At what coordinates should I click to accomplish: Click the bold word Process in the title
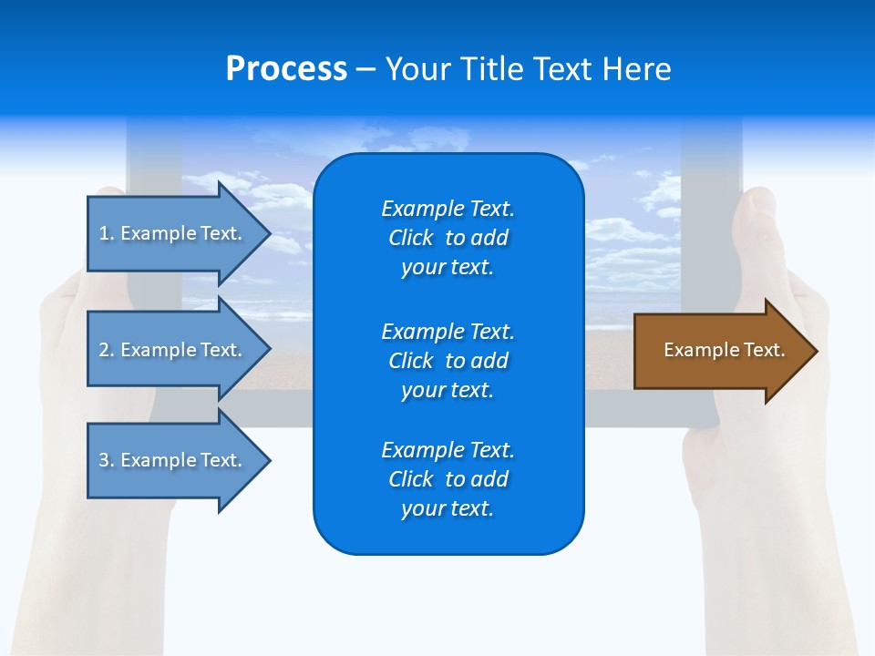pos(286,69)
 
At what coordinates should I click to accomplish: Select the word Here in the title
pos(636,69)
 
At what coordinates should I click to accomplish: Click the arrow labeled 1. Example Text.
pos(173,233)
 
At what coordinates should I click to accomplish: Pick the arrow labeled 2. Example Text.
pos(173,350)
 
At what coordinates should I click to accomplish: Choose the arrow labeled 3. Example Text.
pos(173,460)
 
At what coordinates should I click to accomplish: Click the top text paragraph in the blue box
pos(448,238)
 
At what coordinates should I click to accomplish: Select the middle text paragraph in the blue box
pos(448,361)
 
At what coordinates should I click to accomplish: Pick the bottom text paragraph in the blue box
pos(448,479)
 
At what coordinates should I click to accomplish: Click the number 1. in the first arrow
pos(107,233)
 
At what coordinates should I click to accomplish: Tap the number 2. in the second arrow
pos(107,350)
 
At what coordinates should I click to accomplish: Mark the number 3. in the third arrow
pos(107,460)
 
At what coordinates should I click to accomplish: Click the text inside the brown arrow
pos(725,350)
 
